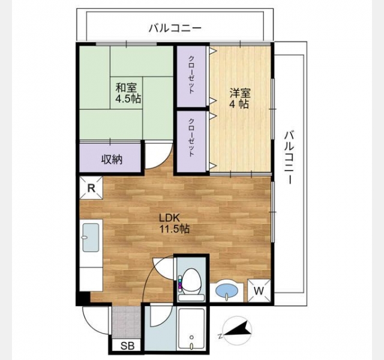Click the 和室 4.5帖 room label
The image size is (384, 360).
128,94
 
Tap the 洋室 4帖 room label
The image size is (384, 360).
240,98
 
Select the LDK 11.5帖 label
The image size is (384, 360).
175,223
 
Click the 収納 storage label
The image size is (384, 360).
112,160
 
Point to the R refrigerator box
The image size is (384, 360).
91,188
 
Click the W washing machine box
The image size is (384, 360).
259,290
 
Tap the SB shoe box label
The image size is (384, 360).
128,346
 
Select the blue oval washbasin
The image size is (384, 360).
227,291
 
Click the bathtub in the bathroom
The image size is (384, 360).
191,329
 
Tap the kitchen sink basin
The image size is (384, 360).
91,238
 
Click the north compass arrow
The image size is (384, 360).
238,329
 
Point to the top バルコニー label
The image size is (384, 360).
175,28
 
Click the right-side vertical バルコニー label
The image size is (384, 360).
290,157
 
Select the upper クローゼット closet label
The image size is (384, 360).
191,75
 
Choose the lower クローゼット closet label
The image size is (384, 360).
191,137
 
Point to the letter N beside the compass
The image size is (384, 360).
220,335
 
